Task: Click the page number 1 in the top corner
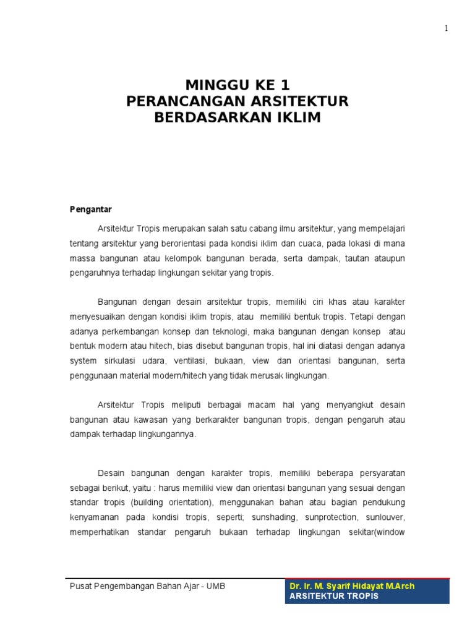(446, 28)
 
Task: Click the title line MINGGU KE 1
(237, 85)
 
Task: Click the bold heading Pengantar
(90, 210)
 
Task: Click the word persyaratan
(379, 473)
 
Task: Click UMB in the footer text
(213, 586)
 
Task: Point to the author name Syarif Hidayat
(354, 586)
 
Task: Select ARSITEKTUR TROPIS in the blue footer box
(334, 597)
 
